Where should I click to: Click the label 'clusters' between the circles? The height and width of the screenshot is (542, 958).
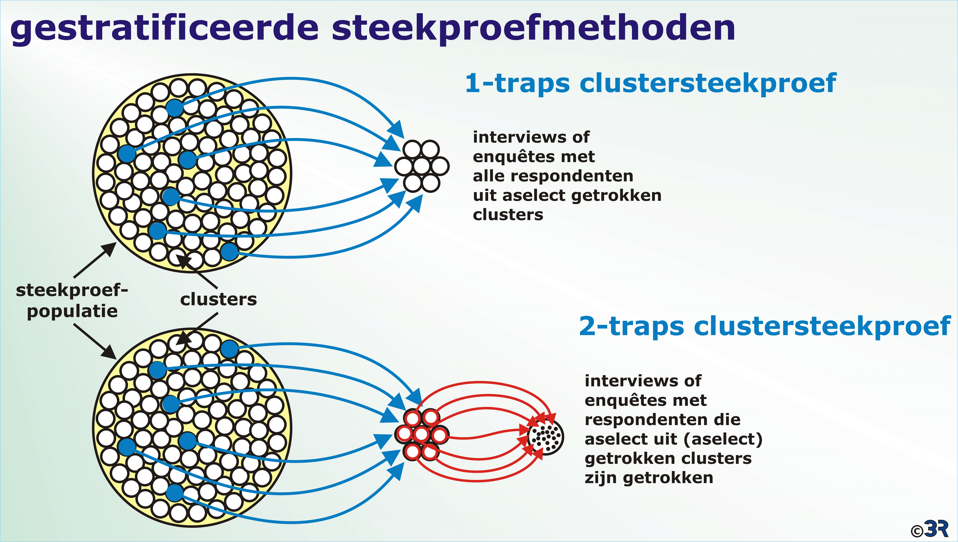[x=218, y=299]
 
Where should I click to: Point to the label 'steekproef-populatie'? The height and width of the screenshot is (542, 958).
[x=72, y=301]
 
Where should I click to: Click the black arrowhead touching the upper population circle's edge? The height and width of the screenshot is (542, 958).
[x=110, y=248]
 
